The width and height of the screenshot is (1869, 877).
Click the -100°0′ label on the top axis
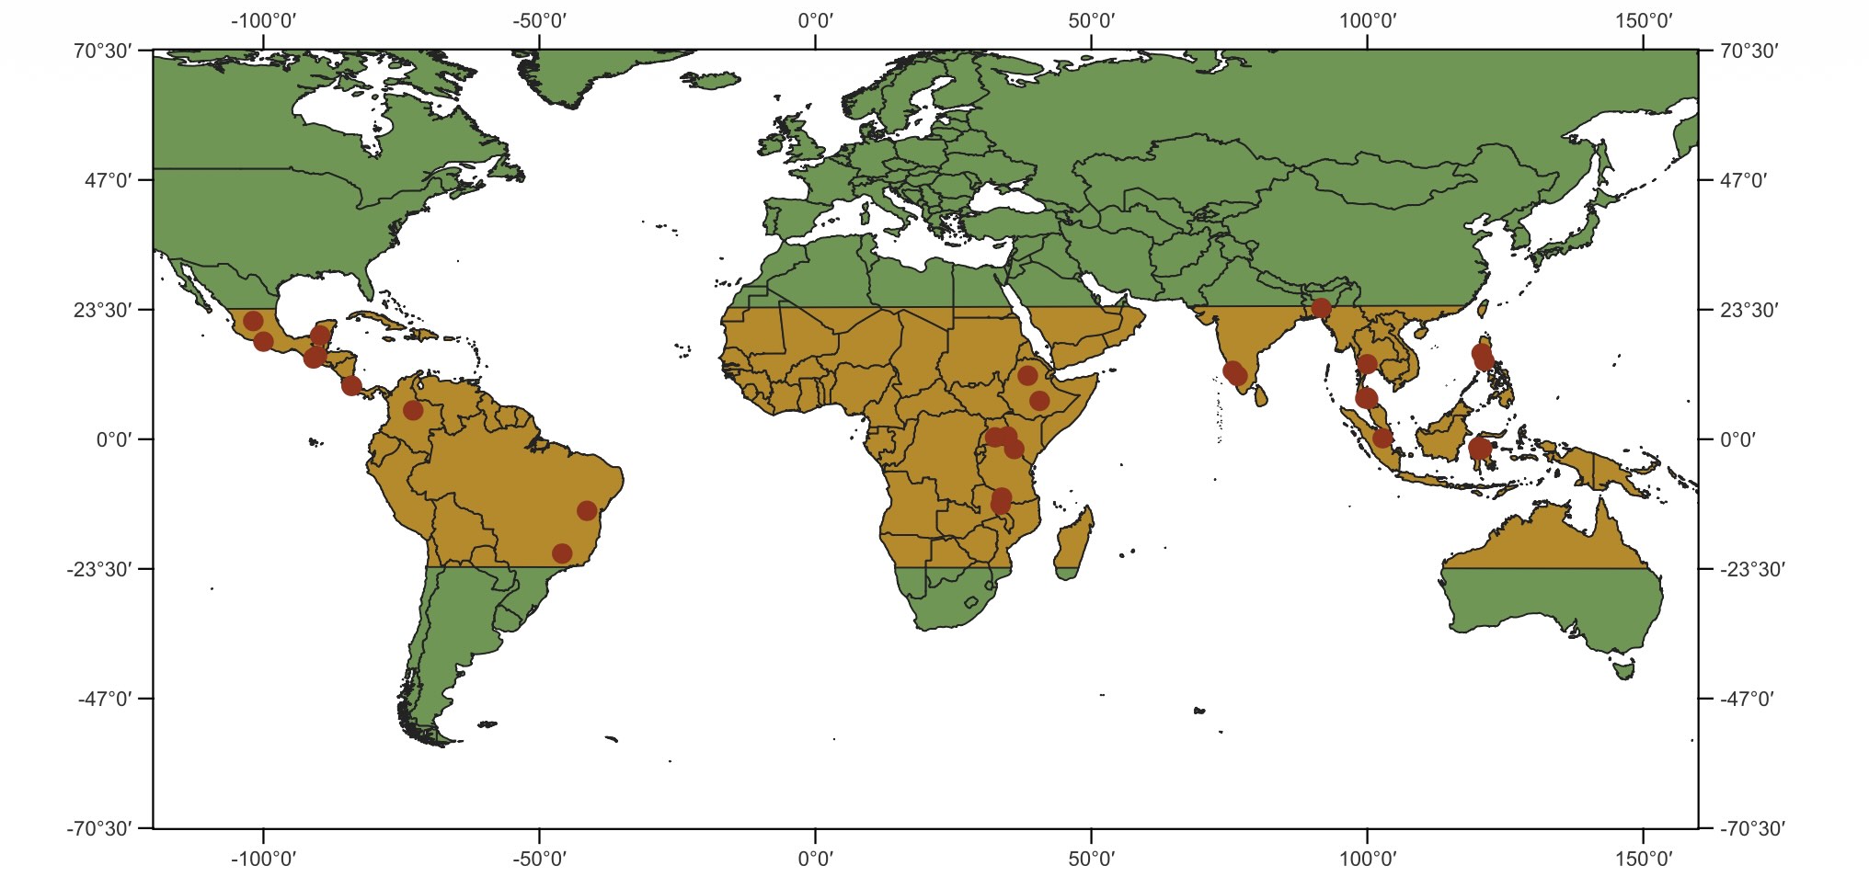(263, 20)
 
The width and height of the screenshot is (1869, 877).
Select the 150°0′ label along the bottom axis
(1643, 859)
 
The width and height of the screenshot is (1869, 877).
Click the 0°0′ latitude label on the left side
(114, 439)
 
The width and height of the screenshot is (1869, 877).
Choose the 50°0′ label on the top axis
(1091, 20)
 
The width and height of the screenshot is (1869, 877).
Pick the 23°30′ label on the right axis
(1749, 310)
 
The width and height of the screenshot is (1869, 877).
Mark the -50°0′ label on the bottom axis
(539, 859)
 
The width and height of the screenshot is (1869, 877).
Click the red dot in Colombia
(413, 410)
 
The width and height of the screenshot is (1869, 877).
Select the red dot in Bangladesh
(1322, 308)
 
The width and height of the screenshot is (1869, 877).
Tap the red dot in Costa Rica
(351, 385)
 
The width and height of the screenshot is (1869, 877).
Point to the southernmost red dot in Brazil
(562, 553)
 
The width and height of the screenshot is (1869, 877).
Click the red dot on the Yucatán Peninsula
(320, 336)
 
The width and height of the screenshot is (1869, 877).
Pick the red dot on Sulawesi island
(1480, 449)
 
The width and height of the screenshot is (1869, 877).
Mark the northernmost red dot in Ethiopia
(1027, 376)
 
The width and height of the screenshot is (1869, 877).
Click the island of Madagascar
(1073, 542)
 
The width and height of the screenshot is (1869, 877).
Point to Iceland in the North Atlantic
(713, 81)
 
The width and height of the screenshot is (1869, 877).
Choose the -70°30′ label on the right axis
(1749, 828)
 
